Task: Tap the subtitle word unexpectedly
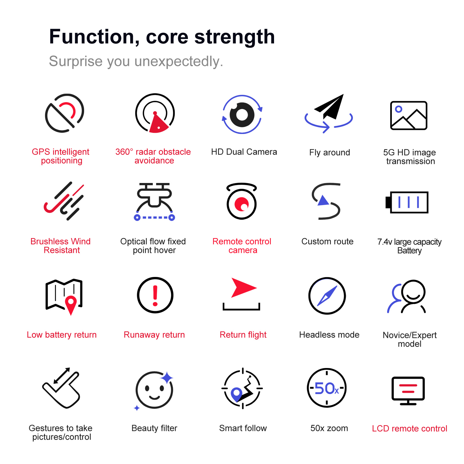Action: [x=179, y=62]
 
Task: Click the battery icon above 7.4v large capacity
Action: [x=407, y=202]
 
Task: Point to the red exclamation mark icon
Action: [x=155, y=295]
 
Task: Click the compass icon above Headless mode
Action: [x=327, y=296]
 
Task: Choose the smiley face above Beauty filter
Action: [x=154, y=390]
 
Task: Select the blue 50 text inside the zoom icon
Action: [x=325, y=388]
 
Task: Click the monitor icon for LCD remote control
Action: [x=408, y=391]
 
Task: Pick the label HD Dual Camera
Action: [x=244, y=152]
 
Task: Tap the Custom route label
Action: [x=327, y=242]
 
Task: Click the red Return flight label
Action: [x=243, y=335]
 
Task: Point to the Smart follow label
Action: [x=243, y=428]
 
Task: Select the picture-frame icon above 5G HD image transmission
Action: [x=409, y=115]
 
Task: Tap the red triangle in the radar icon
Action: [x=158, y=122]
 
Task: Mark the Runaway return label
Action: [x=154, y=335]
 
